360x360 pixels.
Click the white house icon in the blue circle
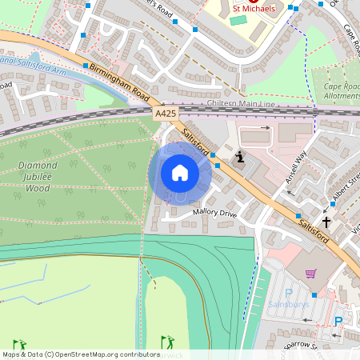(180, 173)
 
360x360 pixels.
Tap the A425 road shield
(166, 115)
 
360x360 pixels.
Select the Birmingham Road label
(115, 79)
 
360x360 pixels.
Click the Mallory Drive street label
(214, 214)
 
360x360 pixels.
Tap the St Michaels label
(254, 8)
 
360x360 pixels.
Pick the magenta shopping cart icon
(310, 274)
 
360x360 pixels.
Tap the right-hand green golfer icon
(166, 342)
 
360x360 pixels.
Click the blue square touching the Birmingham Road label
(85, 66)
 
